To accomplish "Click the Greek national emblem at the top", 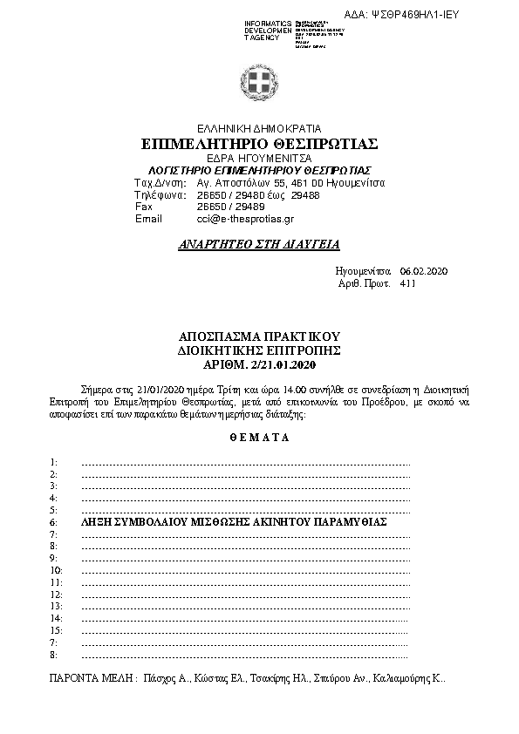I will click(259, 85).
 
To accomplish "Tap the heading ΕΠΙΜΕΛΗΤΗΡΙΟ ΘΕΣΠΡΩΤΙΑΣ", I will click(258, 143).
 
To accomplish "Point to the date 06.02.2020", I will click(423, 273).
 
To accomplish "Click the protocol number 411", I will click(408, 284).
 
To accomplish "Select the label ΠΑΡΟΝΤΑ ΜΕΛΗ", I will click(89, 677).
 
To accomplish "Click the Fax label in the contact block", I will click(144, 207).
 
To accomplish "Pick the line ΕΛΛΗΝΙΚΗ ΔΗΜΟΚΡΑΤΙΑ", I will click(258, 126).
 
